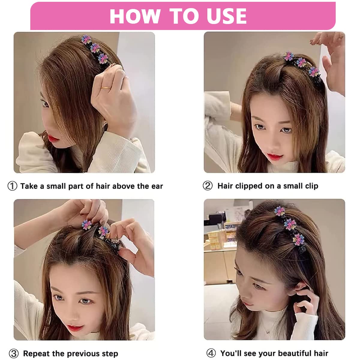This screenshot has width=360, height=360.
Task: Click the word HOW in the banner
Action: (x=135, y=16)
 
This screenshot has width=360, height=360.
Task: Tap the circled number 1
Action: (x=12, y=186)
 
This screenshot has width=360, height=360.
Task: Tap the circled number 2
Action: (x=208, y=186)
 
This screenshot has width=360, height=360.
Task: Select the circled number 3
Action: (x=14, y=353)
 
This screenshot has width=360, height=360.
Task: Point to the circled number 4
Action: (x=211, y=353)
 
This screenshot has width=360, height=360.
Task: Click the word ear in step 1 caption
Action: (x=157, y=186)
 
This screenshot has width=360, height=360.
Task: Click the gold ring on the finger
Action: (x=106, y=88)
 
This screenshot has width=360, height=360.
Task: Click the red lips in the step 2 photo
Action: (x=275, y=156)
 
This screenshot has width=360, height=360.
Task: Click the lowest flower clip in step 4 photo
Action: (x=298, y=239)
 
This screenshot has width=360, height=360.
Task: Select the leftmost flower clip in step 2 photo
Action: (x=288, y=56)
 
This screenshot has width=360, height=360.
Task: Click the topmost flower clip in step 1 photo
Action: (x=86, y=39)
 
